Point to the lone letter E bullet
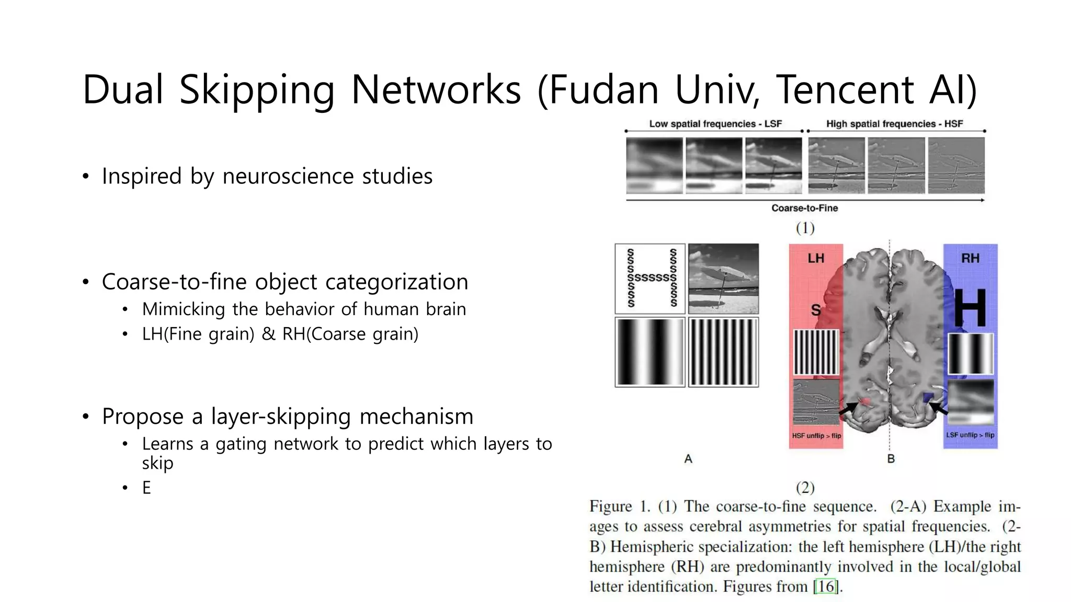click(x=146, y=488)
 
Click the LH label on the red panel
click(x=815, y=258)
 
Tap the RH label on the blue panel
click(x=970, y=258)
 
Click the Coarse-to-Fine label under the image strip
click(x=804, y=208)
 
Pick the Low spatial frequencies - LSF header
click(x=715, y=124)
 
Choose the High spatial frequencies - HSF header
click(x=894, y=124)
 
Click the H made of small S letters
click(x=650, y=279)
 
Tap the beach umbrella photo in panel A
click(x=723, y=279)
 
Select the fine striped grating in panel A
click(x=723, y=352)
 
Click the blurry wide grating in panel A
click(x=650, y=352)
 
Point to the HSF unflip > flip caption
click(x=816, y=435)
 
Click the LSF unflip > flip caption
click(x=970, y=435)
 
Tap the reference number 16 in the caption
click(x=826, y=586)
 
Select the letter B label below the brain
click(x=891, y=459)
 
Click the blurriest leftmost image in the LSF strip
click(x=654, y=166)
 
